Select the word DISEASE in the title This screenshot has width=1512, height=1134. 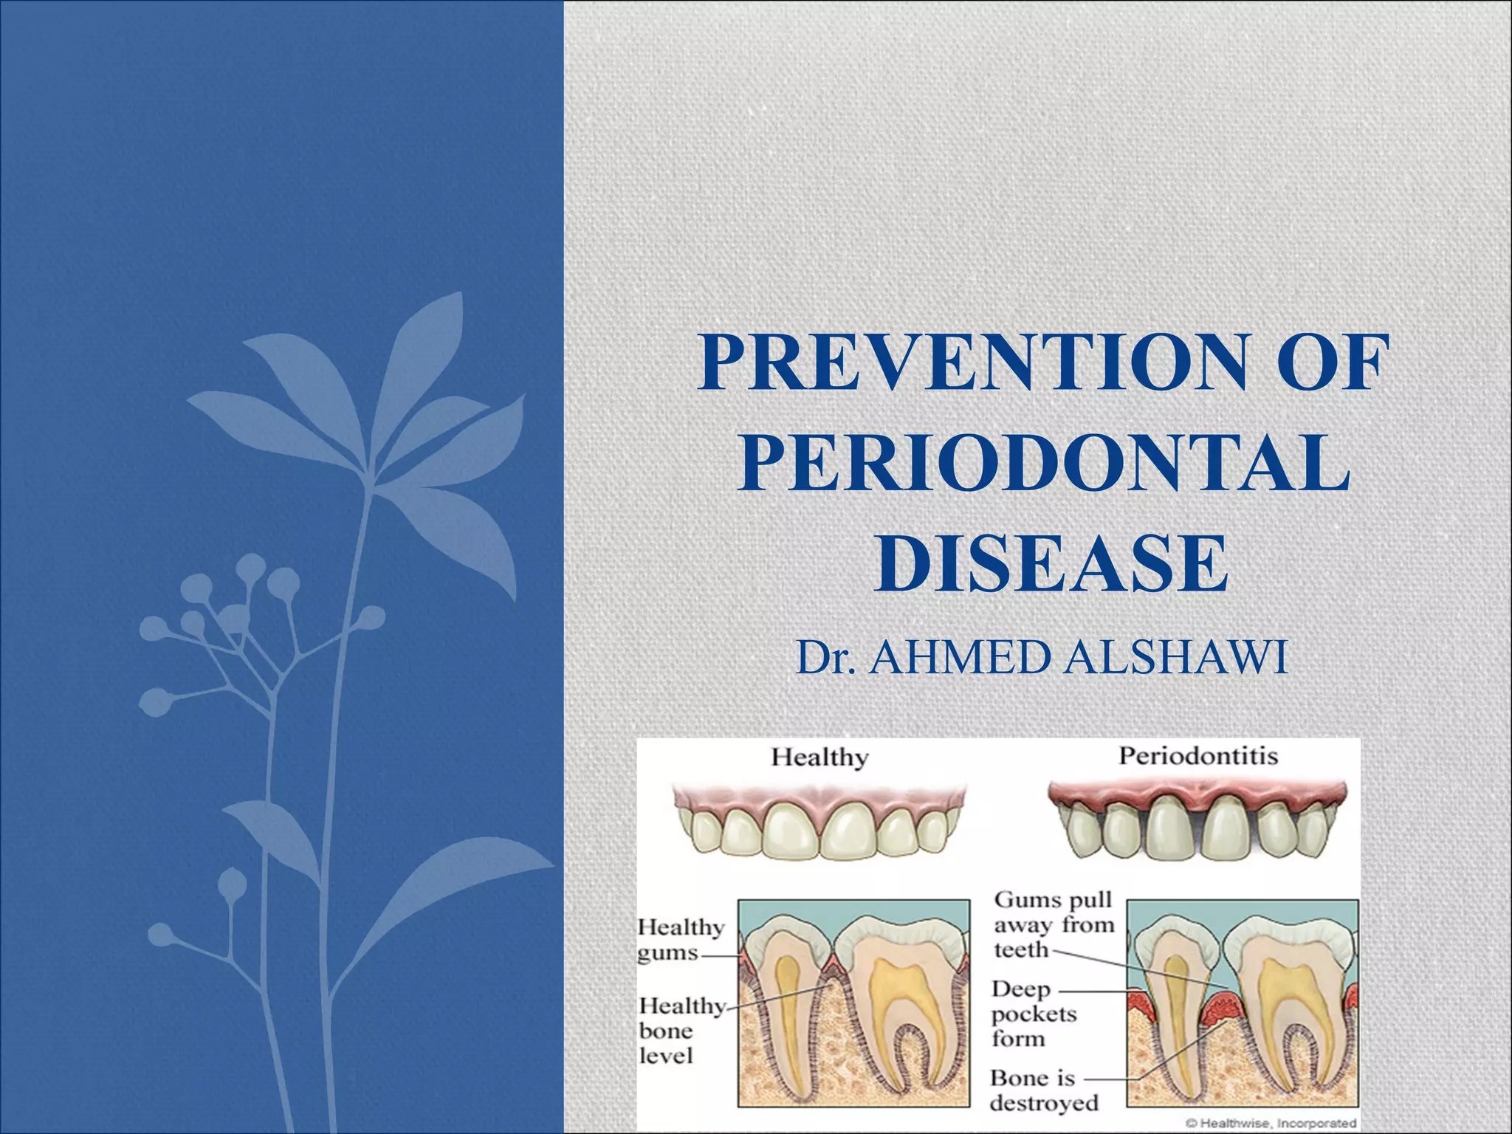(x=1051, y=565)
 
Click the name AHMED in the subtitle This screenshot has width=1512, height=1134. (x=960, y=657)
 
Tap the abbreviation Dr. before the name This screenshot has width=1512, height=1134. (x=826, y=657)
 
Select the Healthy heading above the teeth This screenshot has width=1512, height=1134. (x=819, y=757)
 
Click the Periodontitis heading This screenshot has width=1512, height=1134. (x=1198, y=756)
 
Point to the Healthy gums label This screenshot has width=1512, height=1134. (x=679, y=939)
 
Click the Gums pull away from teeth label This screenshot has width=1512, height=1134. (x=1052, y=924)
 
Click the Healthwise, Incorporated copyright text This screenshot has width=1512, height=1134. (x=1271, y=1123)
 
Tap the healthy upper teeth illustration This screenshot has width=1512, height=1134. (x=819, y=823)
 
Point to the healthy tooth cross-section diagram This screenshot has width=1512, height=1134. (x=854, y=1002)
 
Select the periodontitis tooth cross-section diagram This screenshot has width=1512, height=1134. (x=1243, y=1002)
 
